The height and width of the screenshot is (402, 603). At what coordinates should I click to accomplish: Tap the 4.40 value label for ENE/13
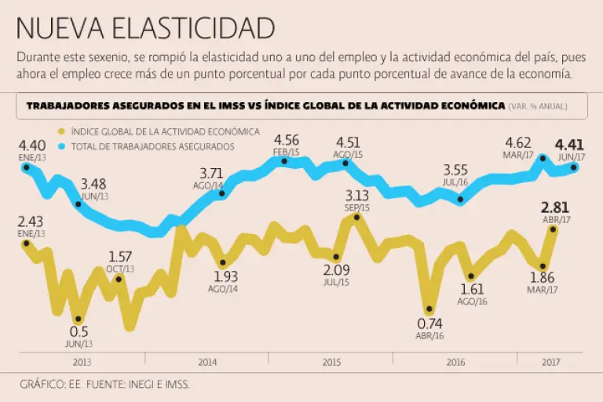point(32,145)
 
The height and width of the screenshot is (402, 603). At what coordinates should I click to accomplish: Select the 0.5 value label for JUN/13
point(78,331)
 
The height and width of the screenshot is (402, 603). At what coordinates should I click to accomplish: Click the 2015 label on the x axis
point(331,362)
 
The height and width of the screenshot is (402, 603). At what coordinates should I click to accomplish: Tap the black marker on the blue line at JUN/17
point(575,166)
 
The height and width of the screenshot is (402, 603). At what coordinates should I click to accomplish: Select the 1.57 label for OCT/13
point(119,257)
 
